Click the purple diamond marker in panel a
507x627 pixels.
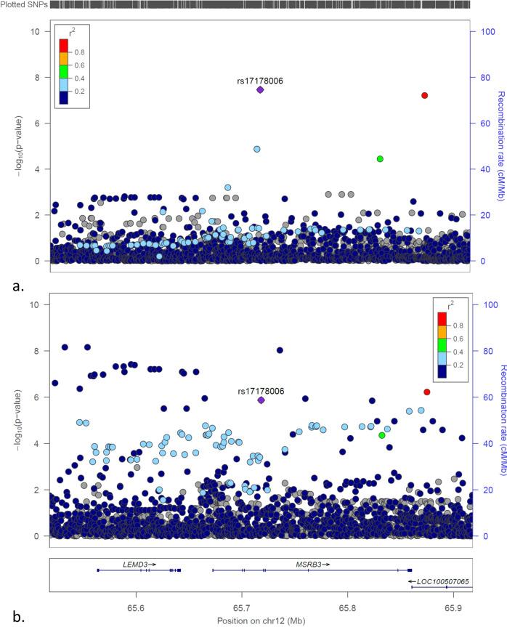click(x=260, y=89)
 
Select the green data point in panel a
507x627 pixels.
click(x=380, y=158)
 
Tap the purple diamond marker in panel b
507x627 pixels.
click(x=261, y=400)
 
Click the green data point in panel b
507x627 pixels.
click(x=382, y=435)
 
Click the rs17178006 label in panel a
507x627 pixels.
click(x=260, y=80)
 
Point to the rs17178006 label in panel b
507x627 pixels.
click(x=261, y=391)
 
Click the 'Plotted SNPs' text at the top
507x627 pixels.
click(x=23, y=5)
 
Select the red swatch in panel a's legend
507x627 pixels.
click(x=64, y=45)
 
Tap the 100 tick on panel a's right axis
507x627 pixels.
click(x=480, y=32)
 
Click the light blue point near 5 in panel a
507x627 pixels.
click(x=257, y=149)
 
